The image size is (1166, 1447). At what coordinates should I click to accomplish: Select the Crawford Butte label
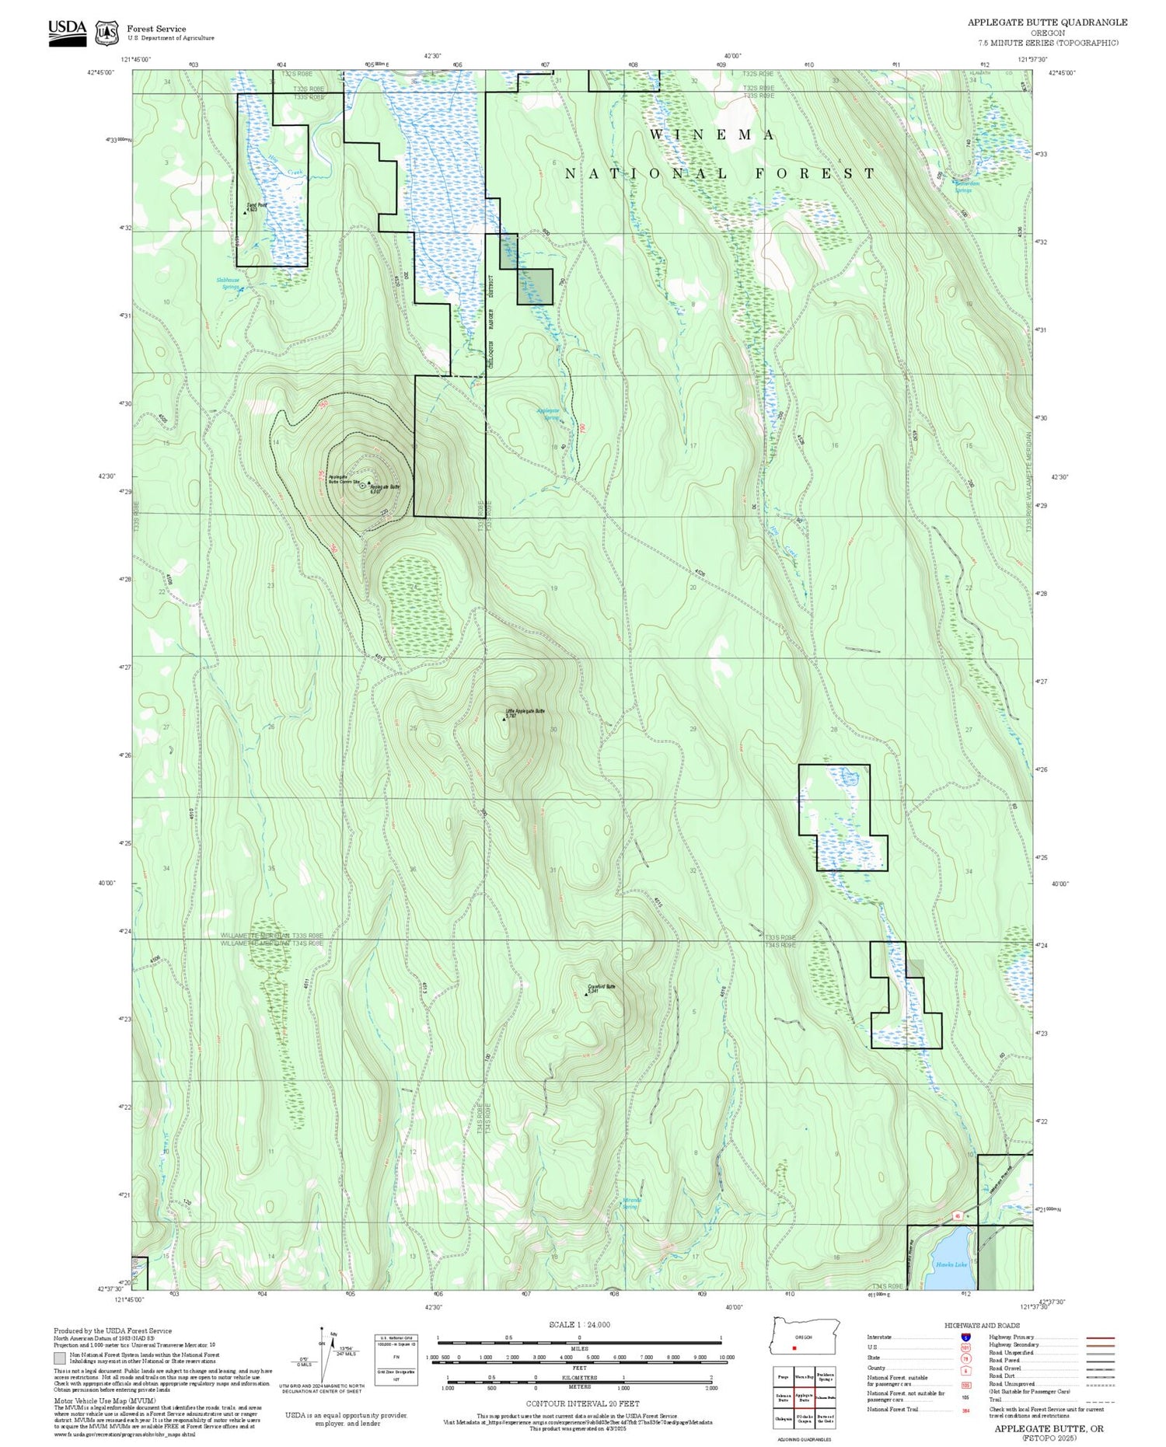(x=602, y=987)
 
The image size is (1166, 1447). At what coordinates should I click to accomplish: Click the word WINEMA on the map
(x=712, y=135)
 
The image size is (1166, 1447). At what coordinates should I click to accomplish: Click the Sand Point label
(x=257, y=205)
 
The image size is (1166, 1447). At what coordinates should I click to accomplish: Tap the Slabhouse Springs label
(x=228, y=283)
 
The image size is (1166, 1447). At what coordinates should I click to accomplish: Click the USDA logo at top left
(x=68, y=33)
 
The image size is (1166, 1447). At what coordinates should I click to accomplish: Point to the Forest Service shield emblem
(x=106, y=33)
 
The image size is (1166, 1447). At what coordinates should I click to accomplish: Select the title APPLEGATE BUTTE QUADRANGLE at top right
(x=1046, y=22)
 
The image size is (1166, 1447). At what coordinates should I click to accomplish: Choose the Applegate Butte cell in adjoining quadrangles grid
(x=805, y=1396)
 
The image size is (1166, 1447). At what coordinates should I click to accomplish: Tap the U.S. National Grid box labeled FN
(x=396, y=1356)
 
